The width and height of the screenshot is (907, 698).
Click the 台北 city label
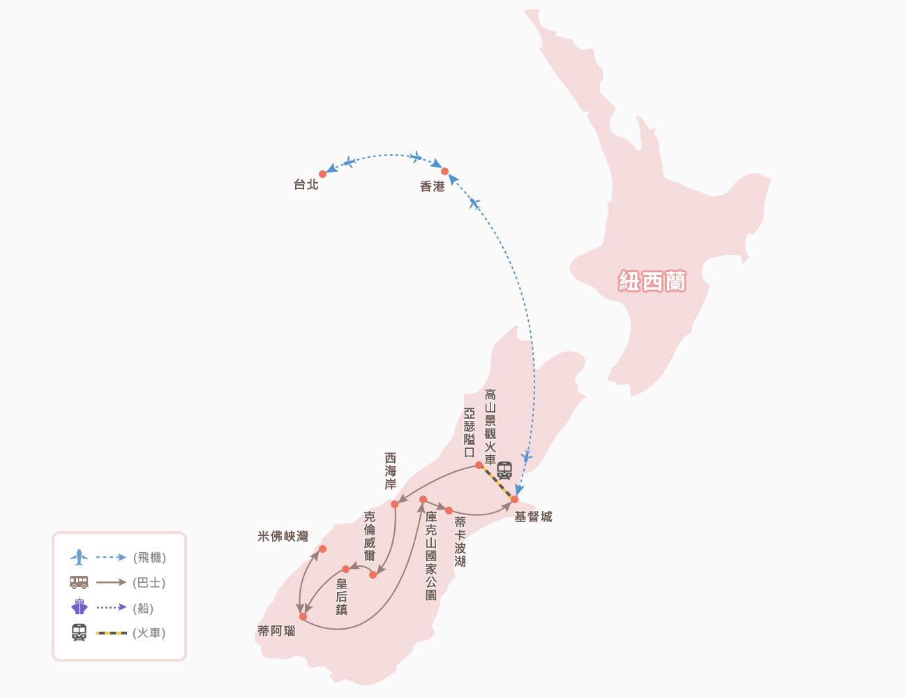[x=306, y=185]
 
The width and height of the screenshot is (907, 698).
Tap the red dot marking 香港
[x=444, y=171]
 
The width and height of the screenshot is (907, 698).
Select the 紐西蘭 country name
[x=652, y=281]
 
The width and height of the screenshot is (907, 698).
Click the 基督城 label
[x=533, y=517]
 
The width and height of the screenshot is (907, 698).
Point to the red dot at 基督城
[x=514, y=499]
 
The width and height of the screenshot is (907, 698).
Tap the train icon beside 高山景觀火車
[x=504, y=470]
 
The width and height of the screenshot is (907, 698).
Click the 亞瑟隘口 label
[x=470, y=433]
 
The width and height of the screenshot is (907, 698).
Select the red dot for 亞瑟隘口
[x=479, y=465]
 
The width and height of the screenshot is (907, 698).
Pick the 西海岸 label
[x=391, y=471]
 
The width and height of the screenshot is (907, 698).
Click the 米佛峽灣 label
[x=283, y=536]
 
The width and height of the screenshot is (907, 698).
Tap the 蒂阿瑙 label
[x=276, y=631]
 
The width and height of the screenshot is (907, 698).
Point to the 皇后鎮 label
[x=341, y=596]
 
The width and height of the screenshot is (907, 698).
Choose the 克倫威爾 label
[x=370, y=536]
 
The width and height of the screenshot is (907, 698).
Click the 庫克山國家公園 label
[x=431, y=556]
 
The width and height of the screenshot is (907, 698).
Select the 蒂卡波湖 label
[x=460, y=542]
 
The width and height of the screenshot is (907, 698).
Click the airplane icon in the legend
[x=79, y=558]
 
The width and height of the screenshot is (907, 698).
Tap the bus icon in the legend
[x=79, y=582]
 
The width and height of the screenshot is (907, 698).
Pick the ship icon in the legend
[x=79, y=607]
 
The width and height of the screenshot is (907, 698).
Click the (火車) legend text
[x=149, y=633]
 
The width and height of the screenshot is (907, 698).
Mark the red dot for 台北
[x=322, y=174]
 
